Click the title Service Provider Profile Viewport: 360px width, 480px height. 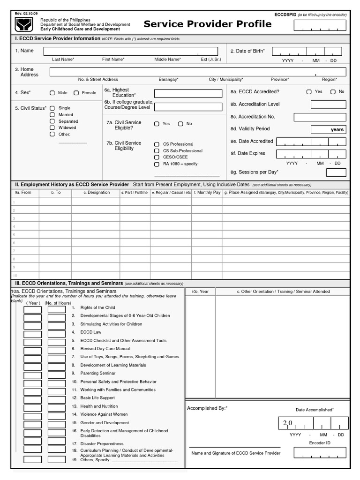tap(207, 24)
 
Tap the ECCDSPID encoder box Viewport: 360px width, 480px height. tap(320, 25)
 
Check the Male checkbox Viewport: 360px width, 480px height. tap(52, 93)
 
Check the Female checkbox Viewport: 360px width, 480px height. tap(76, 93)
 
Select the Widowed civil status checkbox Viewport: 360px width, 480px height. tap(52, 127)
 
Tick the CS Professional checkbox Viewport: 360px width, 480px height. tap(157, 144)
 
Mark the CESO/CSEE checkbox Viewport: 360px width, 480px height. tap(157, 157)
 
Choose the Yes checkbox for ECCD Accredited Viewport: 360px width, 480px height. tap(309, 92)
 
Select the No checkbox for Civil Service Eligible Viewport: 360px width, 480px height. tap(180, 124)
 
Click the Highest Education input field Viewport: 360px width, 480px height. tap(188, 93)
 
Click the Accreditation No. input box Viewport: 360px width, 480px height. tap(320, 117)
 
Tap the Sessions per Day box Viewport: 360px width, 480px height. tap(336, 172)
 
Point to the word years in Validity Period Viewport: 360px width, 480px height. tap(337, 130)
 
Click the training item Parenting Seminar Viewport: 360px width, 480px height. tap(98, 373)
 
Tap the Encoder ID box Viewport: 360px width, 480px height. tap(320, 452)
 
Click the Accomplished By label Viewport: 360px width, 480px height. tap(207, 408)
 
